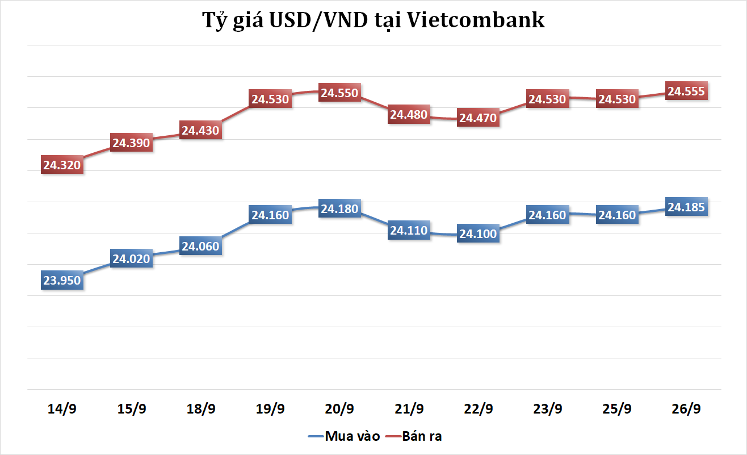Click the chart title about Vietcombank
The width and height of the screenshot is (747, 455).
coord(373,20)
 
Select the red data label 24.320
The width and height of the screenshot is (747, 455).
coord(62,165)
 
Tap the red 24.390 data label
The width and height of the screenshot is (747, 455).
coord(131,143)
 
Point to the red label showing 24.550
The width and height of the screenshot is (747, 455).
coord(339,93)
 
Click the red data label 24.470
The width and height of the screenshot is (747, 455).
coord(478,118)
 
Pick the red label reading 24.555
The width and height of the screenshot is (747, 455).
coord(686,91)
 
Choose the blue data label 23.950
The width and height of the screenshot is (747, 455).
coord(62,280)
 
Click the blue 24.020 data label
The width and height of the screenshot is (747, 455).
coord(131,259)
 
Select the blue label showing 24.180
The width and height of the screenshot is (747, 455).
coord(339,209)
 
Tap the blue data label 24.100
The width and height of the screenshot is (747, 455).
coord(478,233)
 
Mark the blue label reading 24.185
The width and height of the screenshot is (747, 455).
coord(686,207)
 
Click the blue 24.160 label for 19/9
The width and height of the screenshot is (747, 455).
coord(270,215)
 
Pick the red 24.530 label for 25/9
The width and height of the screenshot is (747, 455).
coord(617,99)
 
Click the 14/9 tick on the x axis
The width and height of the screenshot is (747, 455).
coord(62,408)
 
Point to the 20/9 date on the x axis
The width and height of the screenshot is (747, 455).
coord(339,408)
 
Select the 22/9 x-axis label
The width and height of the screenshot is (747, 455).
coord(478,408)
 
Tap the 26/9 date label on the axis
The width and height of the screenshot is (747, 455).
coord(686,408)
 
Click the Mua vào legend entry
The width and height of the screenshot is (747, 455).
coord(343,436)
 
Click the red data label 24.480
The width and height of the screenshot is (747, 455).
coord(409,114)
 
